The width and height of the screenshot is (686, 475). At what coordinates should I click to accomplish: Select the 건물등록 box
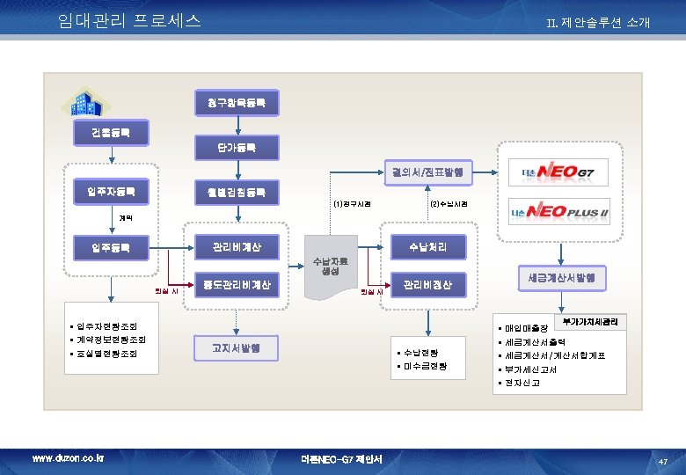111,134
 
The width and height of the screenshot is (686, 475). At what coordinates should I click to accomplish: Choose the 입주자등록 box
111,191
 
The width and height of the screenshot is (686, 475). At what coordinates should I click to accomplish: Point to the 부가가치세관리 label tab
591,322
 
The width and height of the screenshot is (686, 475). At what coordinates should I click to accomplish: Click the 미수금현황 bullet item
426,366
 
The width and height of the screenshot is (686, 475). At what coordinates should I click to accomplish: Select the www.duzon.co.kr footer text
68,458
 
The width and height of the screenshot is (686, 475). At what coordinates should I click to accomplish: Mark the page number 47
663,461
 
